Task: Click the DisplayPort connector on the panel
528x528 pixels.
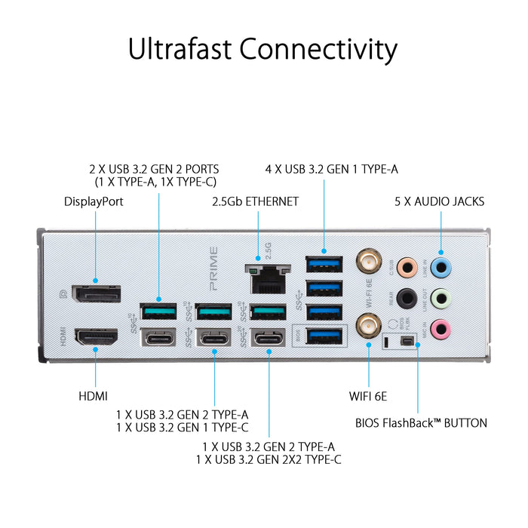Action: click(x=95, y=294)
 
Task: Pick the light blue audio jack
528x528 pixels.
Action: click(x=442, y=266)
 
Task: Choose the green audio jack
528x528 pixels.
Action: click(x=442, y=297)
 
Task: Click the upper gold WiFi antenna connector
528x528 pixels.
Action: click(x=368, y=263)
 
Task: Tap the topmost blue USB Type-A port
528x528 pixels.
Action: click(x=324, y=264)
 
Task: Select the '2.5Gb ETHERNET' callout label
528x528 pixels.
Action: click(x=256, y=201)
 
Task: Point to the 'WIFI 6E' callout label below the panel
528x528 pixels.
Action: click(x=368, y=395)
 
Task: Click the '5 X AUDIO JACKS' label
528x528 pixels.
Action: click(x=439, y=201)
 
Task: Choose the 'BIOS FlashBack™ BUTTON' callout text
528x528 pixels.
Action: click(x=421, y=423)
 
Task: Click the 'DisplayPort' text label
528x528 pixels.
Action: click(x=94, y=201)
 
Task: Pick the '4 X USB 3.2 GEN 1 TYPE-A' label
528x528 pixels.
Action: click(x=332, y=169)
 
